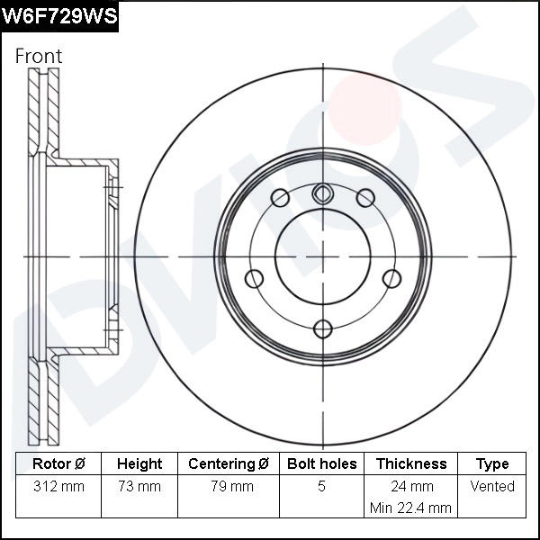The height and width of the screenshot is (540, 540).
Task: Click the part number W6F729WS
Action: coord(59,17)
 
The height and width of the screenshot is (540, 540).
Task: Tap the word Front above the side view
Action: coord(39,56)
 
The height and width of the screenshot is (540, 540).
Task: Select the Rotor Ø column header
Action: coord(58,464)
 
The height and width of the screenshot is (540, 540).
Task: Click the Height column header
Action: coord(139,464)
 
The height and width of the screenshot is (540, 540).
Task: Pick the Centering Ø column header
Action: coord(229,464)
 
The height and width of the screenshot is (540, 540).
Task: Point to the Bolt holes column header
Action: coord(321,464)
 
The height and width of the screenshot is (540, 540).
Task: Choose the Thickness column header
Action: coord(410,464)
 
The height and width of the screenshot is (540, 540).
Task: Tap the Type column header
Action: coord(492,464)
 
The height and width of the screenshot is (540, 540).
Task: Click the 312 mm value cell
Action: coord(58,487)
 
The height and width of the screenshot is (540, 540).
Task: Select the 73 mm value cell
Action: coord(139,487)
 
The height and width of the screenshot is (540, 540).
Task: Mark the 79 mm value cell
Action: coord(229,487)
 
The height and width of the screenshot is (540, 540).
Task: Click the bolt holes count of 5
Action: coord(321,487)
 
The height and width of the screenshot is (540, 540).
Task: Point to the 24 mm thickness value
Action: coord(410,487)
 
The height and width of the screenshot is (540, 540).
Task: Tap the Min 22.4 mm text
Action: coord(410,508)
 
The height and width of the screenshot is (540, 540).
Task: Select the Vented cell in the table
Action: coord(492,487)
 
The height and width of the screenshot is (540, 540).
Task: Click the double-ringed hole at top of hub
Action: coord(322,193)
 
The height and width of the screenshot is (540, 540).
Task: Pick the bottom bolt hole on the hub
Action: coord(322,328)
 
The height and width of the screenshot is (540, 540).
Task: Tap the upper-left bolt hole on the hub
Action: coord(279,198)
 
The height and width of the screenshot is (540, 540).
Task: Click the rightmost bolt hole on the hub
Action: coord(391,278)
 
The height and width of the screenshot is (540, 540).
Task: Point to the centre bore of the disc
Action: coord(322,256)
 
